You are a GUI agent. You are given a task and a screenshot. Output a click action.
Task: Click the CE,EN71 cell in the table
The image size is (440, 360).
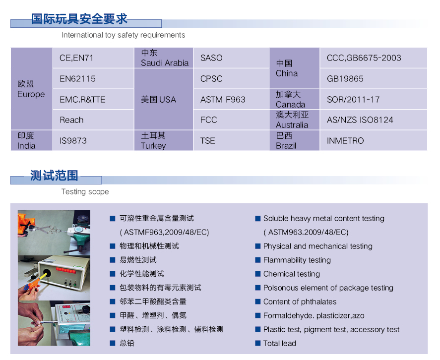(93, 58)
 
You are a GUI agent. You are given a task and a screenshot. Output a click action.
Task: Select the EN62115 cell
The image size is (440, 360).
(93, 78)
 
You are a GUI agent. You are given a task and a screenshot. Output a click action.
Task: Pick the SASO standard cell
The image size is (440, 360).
(231, 58)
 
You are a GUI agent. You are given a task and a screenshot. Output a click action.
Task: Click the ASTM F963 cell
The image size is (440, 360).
(231, 99)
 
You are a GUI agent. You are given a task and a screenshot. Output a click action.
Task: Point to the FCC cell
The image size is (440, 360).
(231, 120)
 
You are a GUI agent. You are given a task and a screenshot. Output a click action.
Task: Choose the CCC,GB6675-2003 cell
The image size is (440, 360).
(374, 58)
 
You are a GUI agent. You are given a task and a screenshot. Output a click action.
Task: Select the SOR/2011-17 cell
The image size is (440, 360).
(374, 99)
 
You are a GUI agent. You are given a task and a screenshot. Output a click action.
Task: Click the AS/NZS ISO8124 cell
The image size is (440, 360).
(374, 120)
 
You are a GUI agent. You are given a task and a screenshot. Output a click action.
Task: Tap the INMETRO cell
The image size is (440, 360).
(374, 140)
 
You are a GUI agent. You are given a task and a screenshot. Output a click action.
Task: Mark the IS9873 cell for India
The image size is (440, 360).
(93, 140)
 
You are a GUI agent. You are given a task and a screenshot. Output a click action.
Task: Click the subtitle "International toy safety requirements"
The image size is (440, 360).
(123, 35)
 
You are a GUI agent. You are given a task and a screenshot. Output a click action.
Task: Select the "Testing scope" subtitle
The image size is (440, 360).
(85, 191)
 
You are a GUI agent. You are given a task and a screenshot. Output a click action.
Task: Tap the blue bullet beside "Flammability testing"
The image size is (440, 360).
(258, 260)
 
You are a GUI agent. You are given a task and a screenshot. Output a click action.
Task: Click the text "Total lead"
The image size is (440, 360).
(279, 343)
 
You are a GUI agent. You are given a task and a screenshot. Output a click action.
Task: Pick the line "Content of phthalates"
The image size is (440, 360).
(300, 301)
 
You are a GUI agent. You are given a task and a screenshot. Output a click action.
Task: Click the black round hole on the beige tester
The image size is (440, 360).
(46, 273)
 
